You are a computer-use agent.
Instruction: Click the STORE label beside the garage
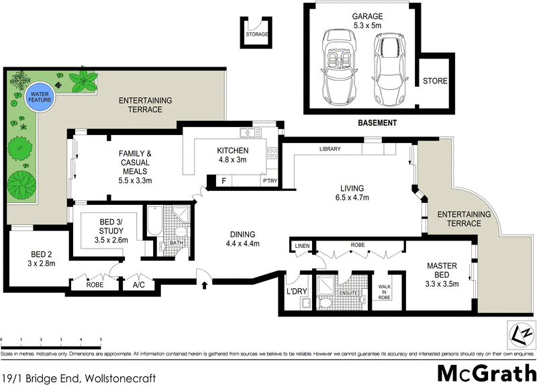[x=434, y=81]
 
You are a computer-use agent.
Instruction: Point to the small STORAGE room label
[x=256, y=34]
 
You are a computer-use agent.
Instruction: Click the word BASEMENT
[x=377, y=123]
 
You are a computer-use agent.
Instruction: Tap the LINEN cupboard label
[x=302, y=247]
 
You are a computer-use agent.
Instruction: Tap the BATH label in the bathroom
[x=176, y=243]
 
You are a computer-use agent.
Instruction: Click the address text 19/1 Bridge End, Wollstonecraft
[x=79, y=378]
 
